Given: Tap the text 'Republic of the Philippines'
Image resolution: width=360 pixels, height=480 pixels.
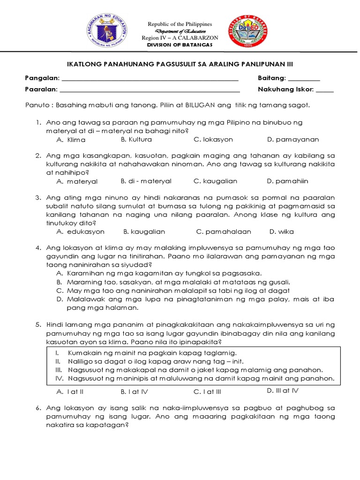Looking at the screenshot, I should coord(180,24).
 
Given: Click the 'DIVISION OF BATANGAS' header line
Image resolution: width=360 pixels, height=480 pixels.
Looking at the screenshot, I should coord(180,45).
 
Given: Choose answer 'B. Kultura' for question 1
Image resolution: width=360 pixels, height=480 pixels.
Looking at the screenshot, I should coord(136,139).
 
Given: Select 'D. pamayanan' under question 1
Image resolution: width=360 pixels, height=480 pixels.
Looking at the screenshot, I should coord(293,139).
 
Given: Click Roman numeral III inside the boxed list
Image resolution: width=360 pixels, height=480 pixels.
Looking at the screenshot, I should coord(59,369).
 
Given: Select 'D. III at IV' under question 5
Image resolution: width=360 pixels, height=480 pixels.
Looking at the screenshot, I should coord(283,390).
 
